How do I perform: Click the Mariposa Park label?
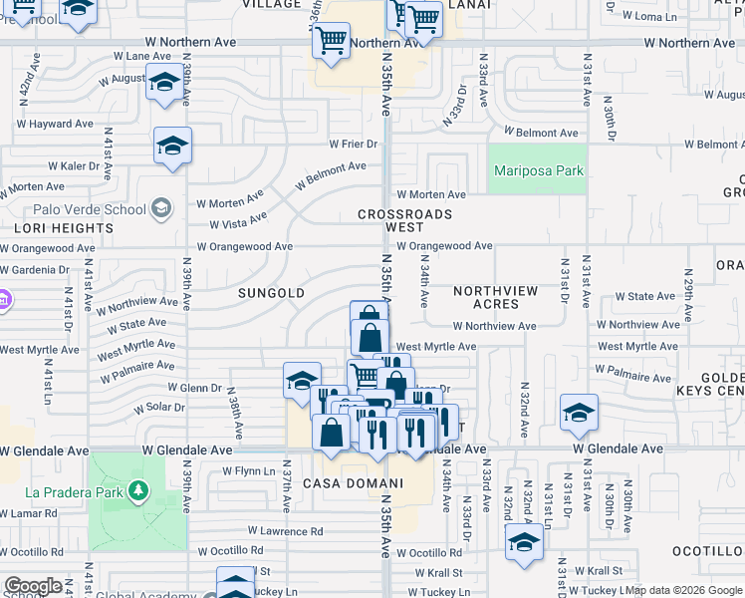tap(539, 170)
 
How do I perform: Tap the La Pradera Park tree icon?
tap(138, 490)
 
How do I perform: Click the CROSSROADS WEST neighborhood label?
tap(405, 220)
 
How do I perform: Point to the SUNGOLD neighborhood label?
tap(271, 293)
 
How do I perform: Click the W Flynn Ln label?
tap(248, 470)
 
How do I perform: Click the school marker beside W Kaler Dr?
tap(172, 148)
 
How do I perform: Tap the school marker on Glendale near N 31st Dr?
tap(579, 414)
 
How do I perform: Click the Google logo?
tap(33, 587)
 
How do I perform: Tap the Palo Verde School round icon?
tap(162, 209)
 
